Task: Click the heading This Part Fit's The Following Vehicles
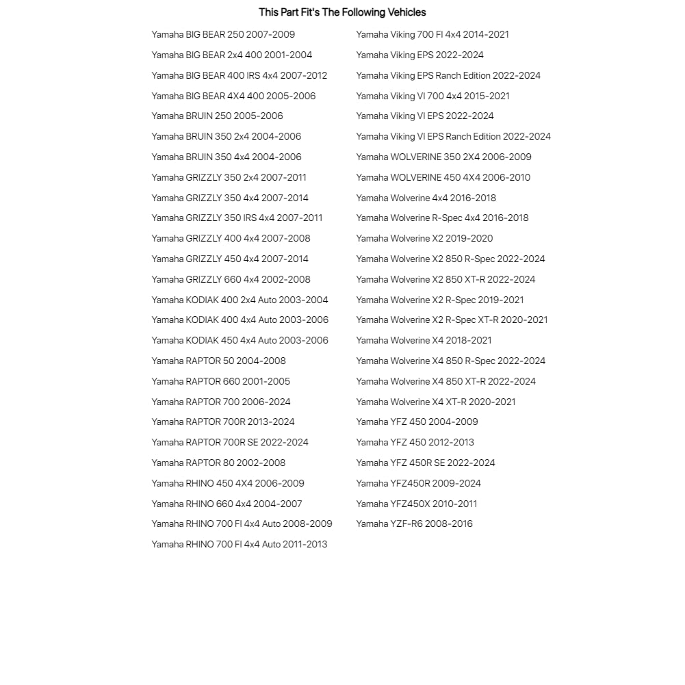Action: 342,12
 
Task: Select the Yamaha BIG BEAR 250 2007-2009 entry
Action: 223,34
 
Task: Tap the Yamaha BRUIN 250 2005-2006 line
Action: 217,116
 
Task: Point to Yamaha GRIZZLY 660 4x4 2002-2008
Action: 231,279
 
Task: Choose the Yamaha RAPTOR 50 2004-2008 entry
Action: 218,361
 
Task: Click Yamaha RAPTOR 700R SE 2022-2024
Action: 230,442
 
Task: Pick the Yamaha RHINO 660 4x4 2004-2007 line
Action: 227,504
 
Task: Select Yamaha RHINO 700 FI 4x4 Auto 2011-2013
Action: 239,544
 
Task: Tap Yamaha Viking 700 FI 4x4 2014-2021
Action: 432,34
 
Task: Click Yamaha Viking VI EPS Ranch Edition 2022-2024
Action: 453,136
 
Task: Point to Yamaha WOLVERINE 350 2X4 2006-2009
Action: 443,157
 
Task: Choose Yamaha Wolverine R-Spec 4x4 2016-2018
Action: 442,218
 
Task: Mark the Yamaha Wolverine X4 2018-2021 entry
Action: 424,340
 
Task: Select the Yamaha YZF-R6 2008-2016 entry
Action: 414,524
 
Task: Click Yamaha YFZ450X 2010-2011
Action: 417,504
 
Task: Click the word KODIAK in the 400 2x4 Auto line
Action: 202,300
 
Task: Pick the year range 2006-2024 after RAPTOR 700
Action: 266,402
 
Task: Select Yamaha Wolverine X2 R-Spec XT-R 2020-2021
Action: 452,320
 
